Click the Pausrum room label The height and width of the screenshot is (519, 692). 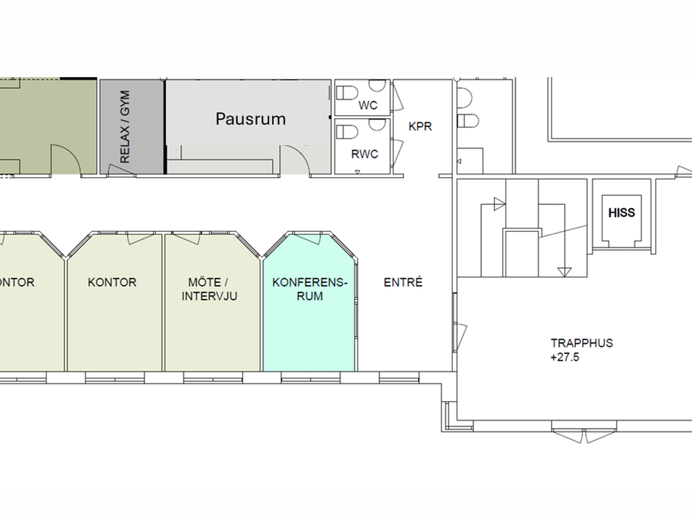251,119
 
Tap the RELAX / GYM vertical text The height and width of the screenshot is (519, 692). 125,127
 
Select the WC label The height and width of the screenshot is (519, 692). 368,106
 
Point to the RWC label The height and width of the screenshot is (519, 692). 364,154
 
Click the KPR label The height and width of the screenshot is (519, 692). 420,126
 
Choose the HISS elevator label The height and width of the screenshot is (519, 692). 622,213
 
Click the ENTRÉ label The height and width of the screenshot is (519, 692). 403,282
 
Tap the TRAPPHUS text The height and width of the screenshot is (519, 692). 582,343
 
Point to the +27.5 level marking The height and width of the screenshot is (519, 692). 565,357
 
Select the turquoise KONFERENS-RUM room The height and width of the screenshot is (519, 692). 309,315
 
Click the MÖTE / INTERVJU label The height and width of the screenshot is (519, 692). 209,289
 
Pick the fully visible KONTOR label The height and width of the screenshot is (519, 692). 112,282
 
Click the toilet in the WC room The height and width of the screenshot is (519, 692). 347,93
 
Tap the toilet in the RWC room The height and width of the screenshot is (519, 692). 347,131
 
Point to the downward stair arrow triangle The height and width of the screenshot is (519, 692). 565,272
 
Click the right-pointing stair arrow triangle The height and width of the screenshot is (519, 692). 499,204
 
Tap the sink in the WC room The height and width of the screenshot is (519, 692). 377,85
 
